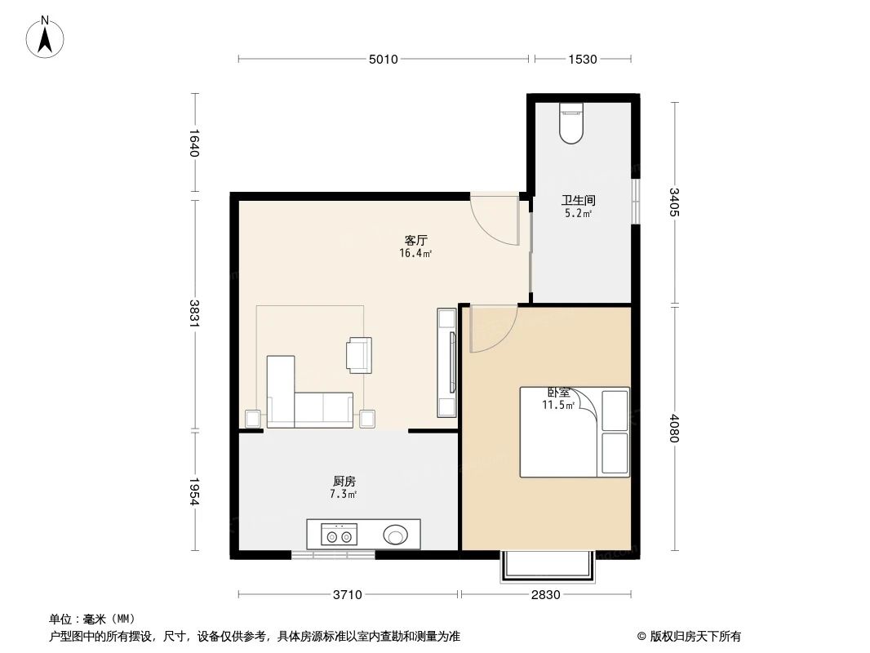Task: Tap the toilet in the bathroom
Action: [571, 123]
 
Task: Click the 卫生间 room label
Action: [577, 200]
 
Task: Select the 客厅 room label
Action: [415, 240]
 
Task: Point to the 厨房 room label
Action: [344, 482]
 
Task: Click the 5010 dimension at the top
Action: [383, 59]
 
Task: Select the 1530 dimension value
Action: [583, 59]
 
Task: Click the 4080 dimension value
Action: [674, 428]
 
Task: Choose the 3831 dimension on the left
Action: [194, 313]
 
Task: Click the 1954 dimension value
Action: [194, 490]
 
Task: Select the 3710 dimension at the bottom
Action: [348, 594]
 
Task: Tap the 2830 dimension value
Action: [545, 594]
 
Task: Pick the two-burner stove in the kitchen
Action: [339, 536]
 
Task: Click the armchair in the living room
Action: [359, 355]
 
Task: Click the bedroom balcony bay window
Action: [545, 566]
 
